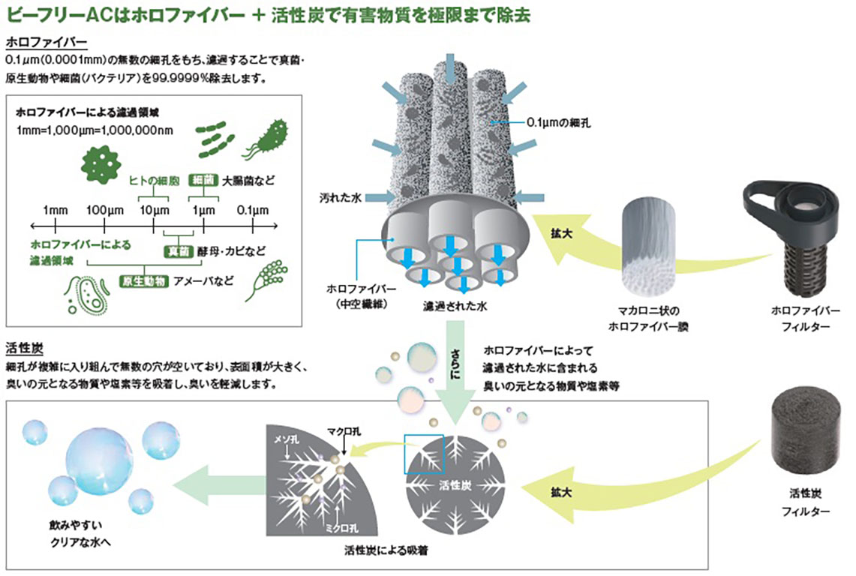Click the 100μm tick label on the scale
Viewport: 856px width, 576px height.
click(99, 208)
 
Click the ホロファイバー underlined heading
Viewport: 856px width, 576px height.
click(46, 43)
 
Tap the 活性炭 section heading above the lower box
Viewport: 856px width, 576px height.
click(26, 348)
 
